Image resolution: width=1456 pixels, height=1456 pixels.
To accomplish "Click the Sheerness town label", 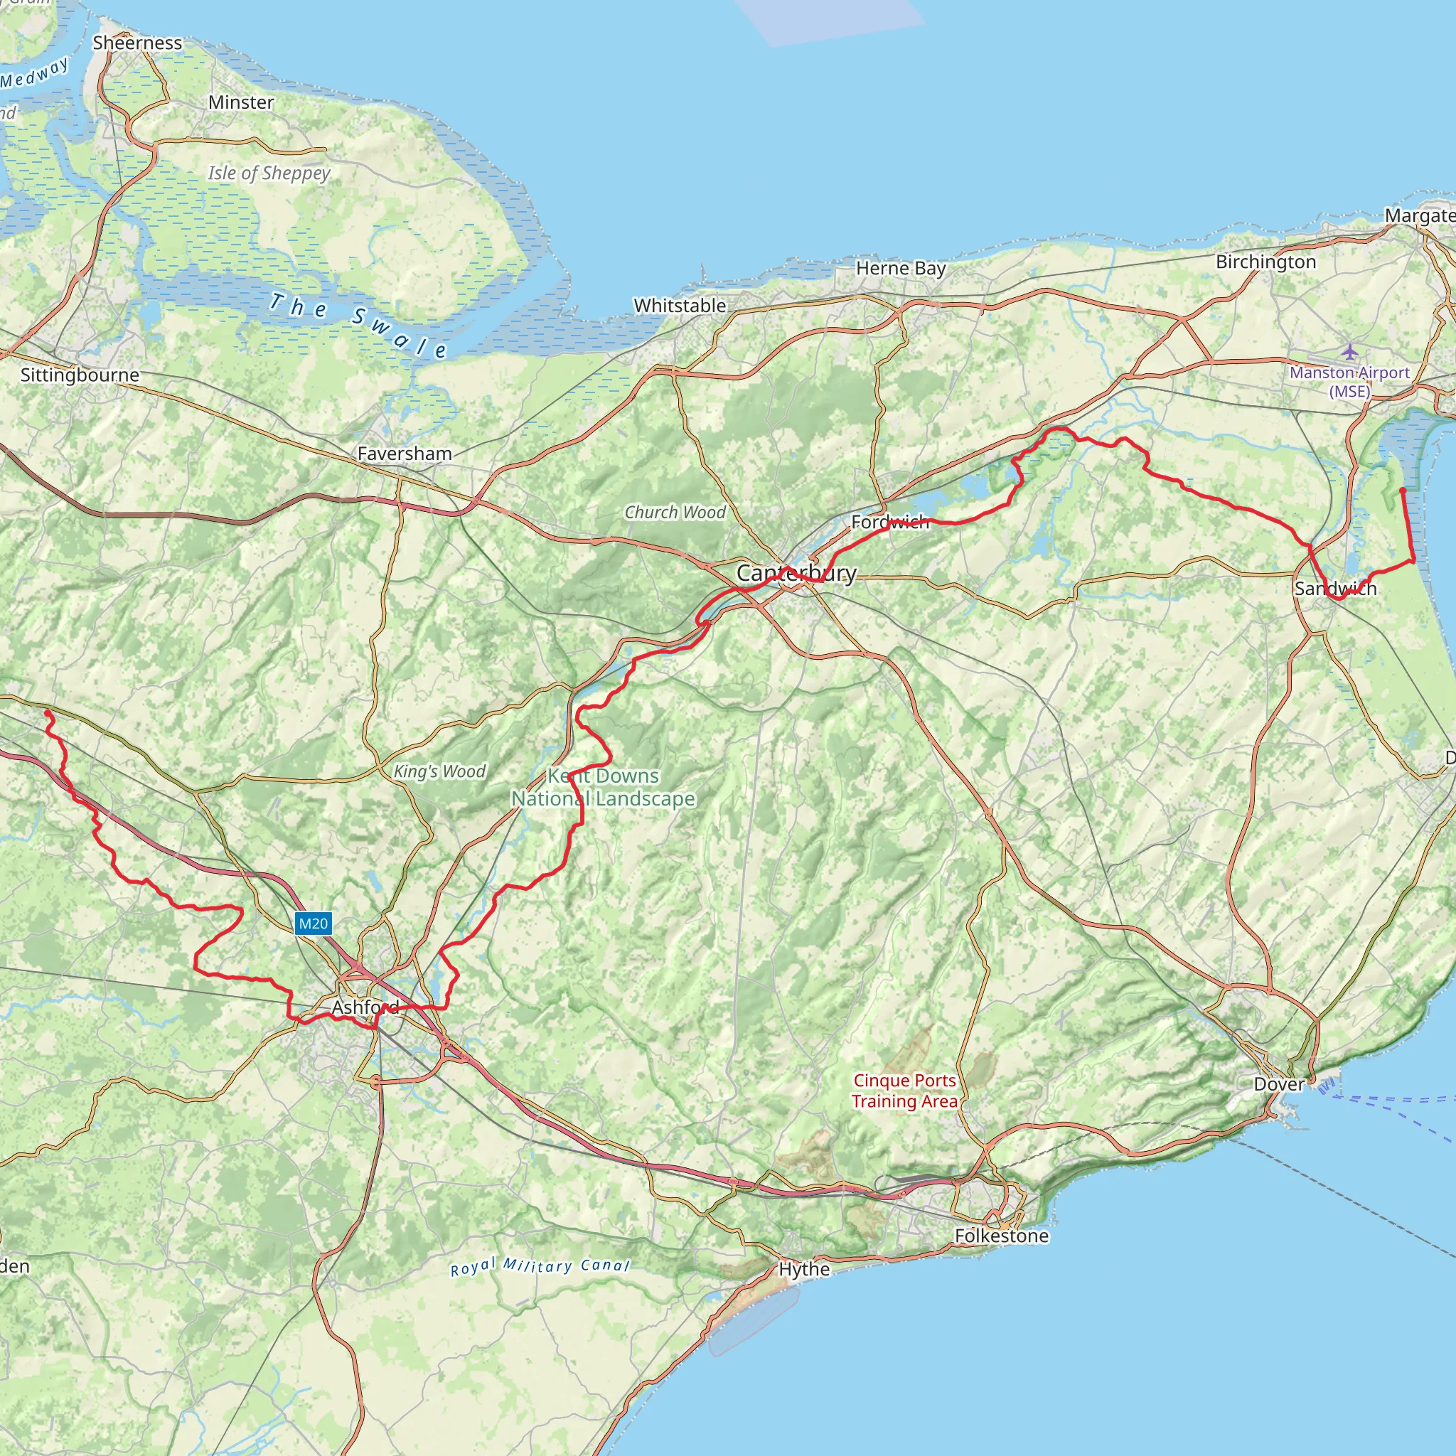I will click(x=137, y=43).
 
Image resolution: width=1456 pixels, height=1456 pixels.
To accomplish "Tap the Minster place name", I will click(x=241, y=102).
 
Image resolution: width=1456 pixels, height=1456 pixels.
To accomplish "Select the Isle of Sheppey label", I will click(x=269, y=173).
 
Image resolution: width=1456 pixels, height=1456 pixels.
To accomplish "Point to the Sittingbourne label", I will click(x=80, y=375).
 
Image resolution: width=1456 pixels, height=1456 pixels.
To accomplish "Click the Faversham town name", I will click(x=405, y=454).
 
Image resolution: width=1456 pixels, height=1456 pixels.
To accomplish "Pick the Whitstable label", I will click(x=680, y=306).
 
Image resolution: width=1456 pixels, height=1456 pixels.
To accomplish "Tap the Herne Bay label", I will click(x=901, y=269).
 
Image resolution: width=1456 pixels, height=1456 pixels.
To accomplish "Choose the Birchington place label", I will click(x=1266, y=262).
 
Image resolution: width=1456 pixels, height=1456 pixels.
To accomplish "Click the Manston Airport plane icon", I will click(x=1349, y=352).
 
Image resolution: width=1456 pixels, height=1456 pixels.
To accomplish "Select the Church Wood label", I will click(x=675, y=513).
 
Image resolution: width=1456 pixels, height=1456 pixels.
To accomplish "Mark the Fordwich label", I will click(x=890, y=523).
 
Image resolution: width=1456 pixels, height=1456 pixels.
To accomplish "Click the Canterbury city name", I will click(x=796, y=574).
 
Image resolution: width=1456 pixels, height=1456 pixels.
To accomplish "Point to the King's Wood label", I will click(x=439, y=771).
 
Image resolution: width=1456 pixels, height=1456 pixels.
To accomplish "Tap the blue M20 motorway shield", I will click(x=313, y=924).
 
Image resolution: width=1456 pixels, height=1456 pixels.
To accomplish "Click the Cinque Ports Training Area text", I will click(x=904, y=1091).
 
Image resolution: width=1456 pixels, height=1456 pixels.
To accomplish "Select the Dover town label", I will click(x=1279, y=1084).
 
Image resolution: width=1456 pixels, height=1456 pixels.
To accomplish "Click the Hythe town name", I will click(x=804, y=1269).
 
